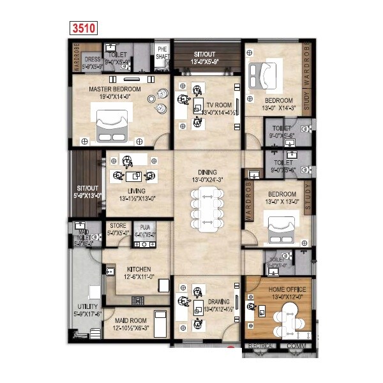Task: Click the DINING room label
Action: coord(207,172)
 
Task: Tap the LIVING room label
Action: coord(136,191)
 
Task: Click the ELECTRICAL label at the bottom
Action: coord(262,347)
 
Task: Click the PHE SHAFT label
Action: coord(161,53)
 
